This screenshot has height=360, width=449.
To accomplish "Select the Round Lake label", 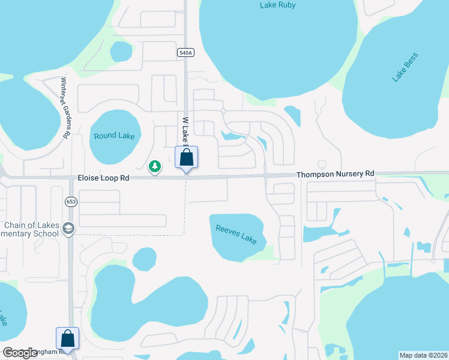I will click(x=114, y=136).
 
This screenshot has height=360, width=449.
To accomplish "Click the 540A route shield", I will click(x=185, y=53).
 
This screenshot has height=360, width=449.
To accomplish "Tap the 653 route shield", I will click(x=71, y=202).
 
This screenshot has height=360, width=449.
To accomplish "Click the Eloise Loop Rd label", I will click(x=104, y=178).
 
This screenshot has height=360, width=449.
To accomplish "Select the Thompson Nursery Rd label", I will click(x=336, y=174).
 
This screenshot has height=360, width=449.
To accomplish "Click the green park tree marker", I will click(x=155, y=166).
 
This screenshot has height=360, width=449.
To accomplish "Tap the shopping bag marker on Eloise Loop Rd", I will click(x=186, y=158).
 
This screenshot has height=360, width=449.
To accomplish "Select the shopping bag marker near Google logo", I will click(x=67, y=339).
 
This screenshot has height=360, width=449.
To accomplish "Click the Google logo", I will click(x=20, y=353).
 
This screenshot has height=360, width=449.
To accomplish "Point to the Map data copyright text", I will click(x=423, y=355).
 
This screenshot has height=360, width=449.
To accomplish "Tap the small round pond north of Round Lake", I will click(x=121, y=52).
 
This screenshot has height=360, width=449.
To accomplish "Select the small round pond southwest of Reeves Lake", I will click(x=144, y=259).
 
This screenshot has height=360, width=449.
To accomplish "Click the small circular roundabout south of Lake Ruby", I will click(x=223, y=111).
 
